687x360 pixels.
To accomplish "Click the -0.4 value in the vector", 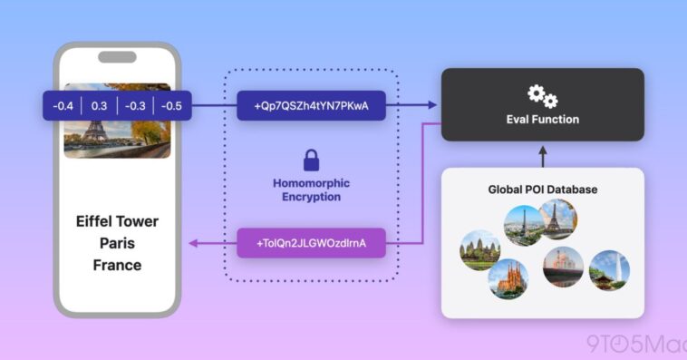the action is click(63, 106).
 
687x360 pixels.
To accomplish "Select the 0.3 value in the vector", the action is click(99, 106).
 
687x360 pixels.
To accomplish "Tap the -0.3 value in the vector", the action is click(134, 106).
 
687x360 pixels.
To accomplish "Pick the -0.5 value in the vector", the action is click(170, 106).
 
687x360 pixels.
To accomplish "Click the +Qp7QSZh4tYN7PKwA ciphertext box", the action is click(311, 106).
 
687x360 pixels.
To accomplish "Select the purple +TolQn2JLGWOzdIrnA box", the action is click(311, 243).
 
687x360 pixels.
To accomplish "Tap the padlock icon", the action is click(311, 161).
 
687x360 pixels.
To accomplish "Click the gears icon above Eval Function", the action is click(542, 94).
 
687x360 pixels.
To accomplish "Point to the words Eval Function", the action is click(542, 119).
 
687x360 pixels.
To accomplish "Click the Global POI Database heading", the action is click(542, 190).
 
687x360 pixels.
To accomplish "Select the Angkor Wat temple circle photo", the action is click(480, 249).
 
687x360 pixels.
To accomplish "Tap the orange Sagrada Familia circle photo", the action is click(508, 280).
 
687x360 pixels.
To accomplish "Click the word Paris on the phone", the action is click(117, 243).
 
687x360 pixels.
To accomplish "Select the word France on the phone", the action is click(117, 265).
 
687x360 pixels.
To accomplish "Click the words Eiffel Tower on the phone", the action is click(117, 221).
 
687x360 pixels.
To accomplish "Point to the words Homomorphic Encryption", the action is click(311, 190).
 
